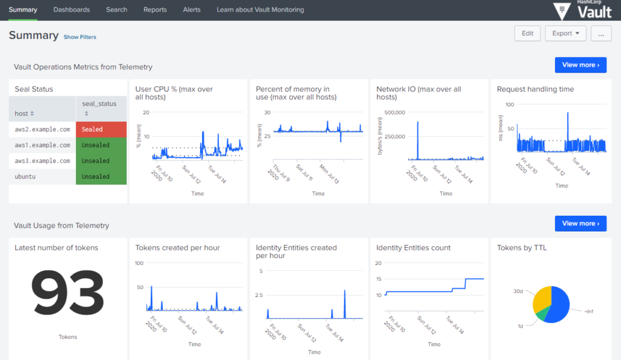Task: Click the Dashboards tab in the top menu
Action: [x=72, y=10]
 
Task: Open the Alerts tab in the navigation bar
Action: [x=192, y=10]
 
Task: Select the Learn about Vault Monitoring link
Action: [x=260, y=10]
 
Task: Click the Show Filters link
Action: [x=79, y=37]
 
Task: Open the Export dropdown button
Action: [x=565, y=33]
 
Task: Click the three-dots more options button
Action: [x=600, y=33]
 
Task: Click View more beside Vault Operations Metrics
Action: [x=580, y=65]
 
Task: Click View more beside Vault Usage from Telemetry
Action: [x=580, y=224]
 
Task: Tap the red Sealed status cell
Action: [x=101, y=130]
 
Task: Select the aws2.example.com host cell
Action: [x=42, y=130]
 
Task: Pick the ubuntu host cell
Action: [x=42, y=177]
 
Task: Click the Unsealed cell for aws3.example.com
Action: [x=101, y=161]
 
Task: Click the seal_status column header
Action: [x=99, y=108]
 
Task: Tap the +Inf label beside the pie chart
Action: [x=589, y=311]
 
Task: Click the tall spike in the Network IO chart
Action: [x=418, y=139]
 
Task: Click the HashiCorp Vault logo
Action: [x=583, y=10]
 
